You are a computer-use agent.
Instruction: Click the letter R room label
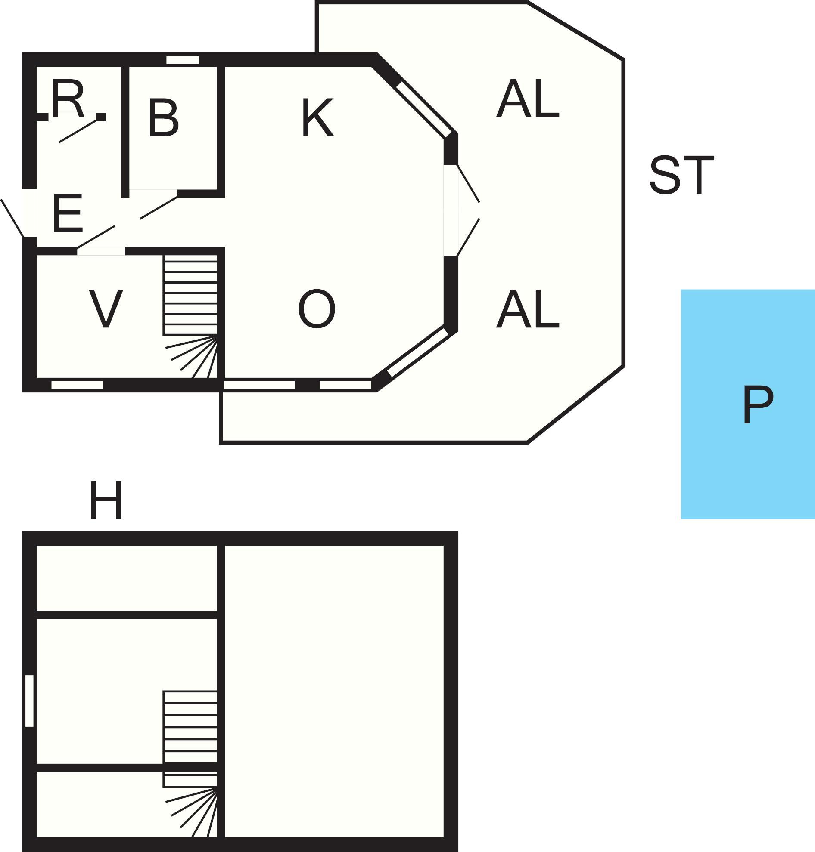[x=67, y=99]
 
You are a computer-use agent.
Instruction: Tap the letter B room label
[x=163, y=118]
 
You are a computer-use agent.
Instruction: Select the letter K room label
[x=317, y=117]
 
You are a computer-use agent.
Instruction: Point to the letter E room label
[x=67, y=213]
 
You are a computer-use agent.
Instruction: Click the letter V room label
[x=106, y=309]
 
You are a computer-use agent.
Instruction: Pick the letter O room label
[x=317, y=309]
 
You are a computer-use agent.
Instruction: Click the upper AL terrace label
[x=527, y=99]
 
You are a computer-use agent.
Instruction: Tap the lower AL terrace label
[x=527, y=309]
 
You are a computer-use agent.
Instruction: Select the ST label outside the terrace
[x=681, y=175]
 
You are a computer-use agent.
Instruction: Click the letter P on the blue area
[x=758, y=405]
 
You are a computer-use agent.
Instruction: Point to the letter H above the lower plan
[x=106, y=500]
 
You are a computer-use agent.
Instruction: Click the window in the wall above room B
[x=183, y=59]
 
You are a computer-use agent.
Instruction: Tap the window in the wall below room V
[x=78, y=385]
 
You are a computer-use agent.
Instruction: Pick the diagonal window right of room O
[x=417, y=352]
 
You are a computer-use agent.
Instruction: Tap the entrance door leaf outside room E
[x=12, y=218]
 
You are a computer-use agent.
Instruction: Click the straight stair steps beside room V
[x=190, y=295]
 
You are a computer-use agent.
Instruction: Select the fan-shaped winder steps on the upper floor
[x=191, y=811]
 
